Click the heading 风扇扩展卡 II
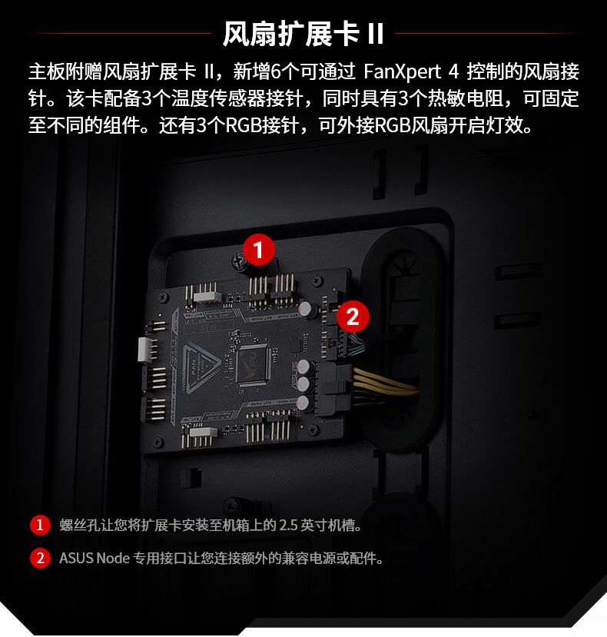303,34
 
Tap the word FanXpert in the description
402,71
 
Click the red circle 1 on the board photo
258,250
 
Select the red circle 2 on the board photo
353,317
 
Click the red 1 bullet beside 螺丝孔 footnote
40,525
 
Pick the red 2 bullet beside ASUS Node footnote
40,558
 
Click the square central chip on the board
253,365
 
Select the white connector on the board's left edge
144,349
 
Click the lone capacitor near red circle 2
307,309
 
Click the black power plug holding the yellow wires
335,388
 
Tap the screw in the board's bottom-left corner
158,442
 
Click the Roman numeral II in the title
376,34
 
